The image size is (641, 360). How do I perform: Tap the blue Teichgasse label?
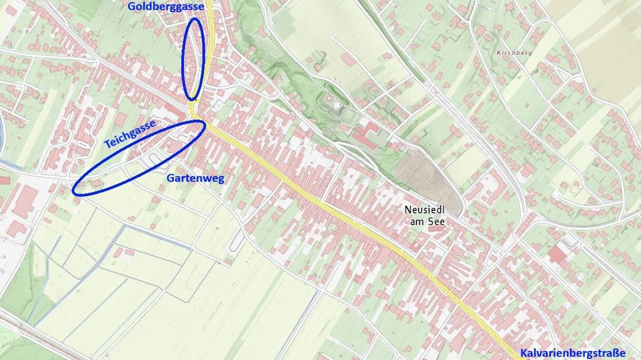click(x=130, y=134)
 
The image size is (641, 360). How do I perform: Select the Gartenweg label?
click(x=195, y=179)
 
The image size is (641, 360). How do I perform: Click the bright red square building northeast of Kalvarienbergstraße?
click(x=557, y=254)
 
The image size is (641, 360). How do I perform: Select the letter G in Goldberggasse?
click(x=131, y=6)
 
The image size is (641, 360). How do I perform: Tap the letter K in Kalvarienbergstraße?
click(x=523, y=353)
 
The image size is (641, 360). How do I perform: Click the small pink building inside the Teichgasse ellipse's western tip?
click(x=96, y=183)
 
